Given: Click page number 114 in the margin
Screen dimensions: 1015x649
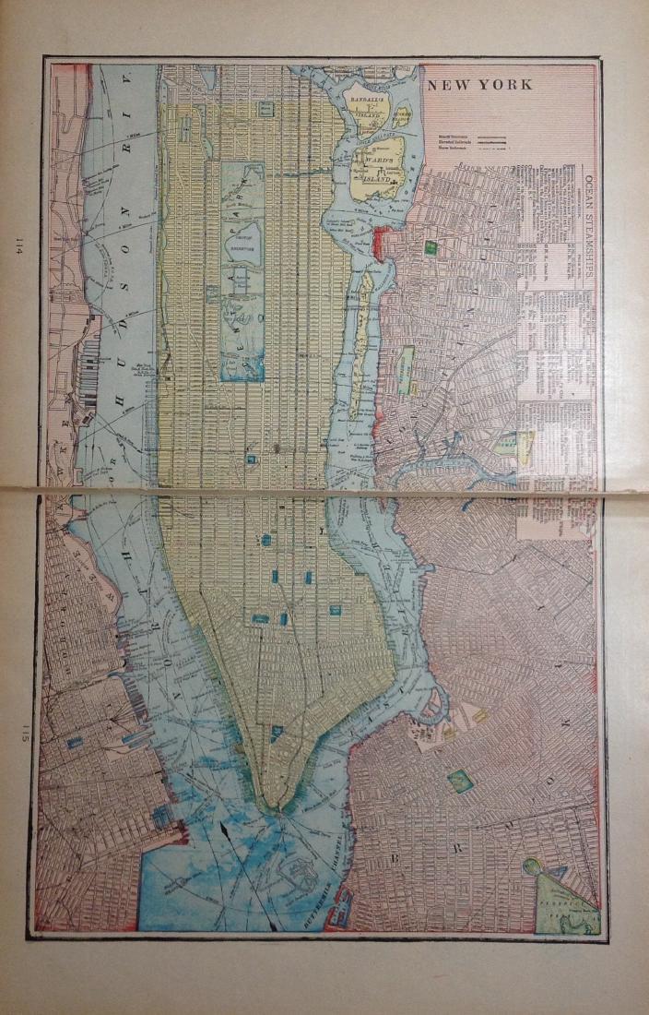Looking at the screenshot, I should pyautogui.click(x=18, y=246).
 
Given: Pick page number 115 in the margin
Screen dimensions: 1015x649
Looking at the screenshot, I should pyautogui.click(x=18, y=735).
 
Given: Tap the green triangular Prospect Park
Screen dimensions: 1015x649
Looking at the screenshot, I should pyautogui.click(x=564, y=890).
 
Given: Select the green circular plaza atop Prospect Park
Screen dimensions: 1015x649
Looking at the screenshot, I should pyautogui.click(x=532, y=866).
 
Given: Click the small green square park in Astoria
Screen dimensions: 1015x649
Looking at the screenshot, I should pyautogui.click(x=430, y=247).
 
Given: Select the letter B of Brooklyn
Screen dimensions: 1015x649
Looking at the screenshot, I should pyautogui.click(x=396, y=859).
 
